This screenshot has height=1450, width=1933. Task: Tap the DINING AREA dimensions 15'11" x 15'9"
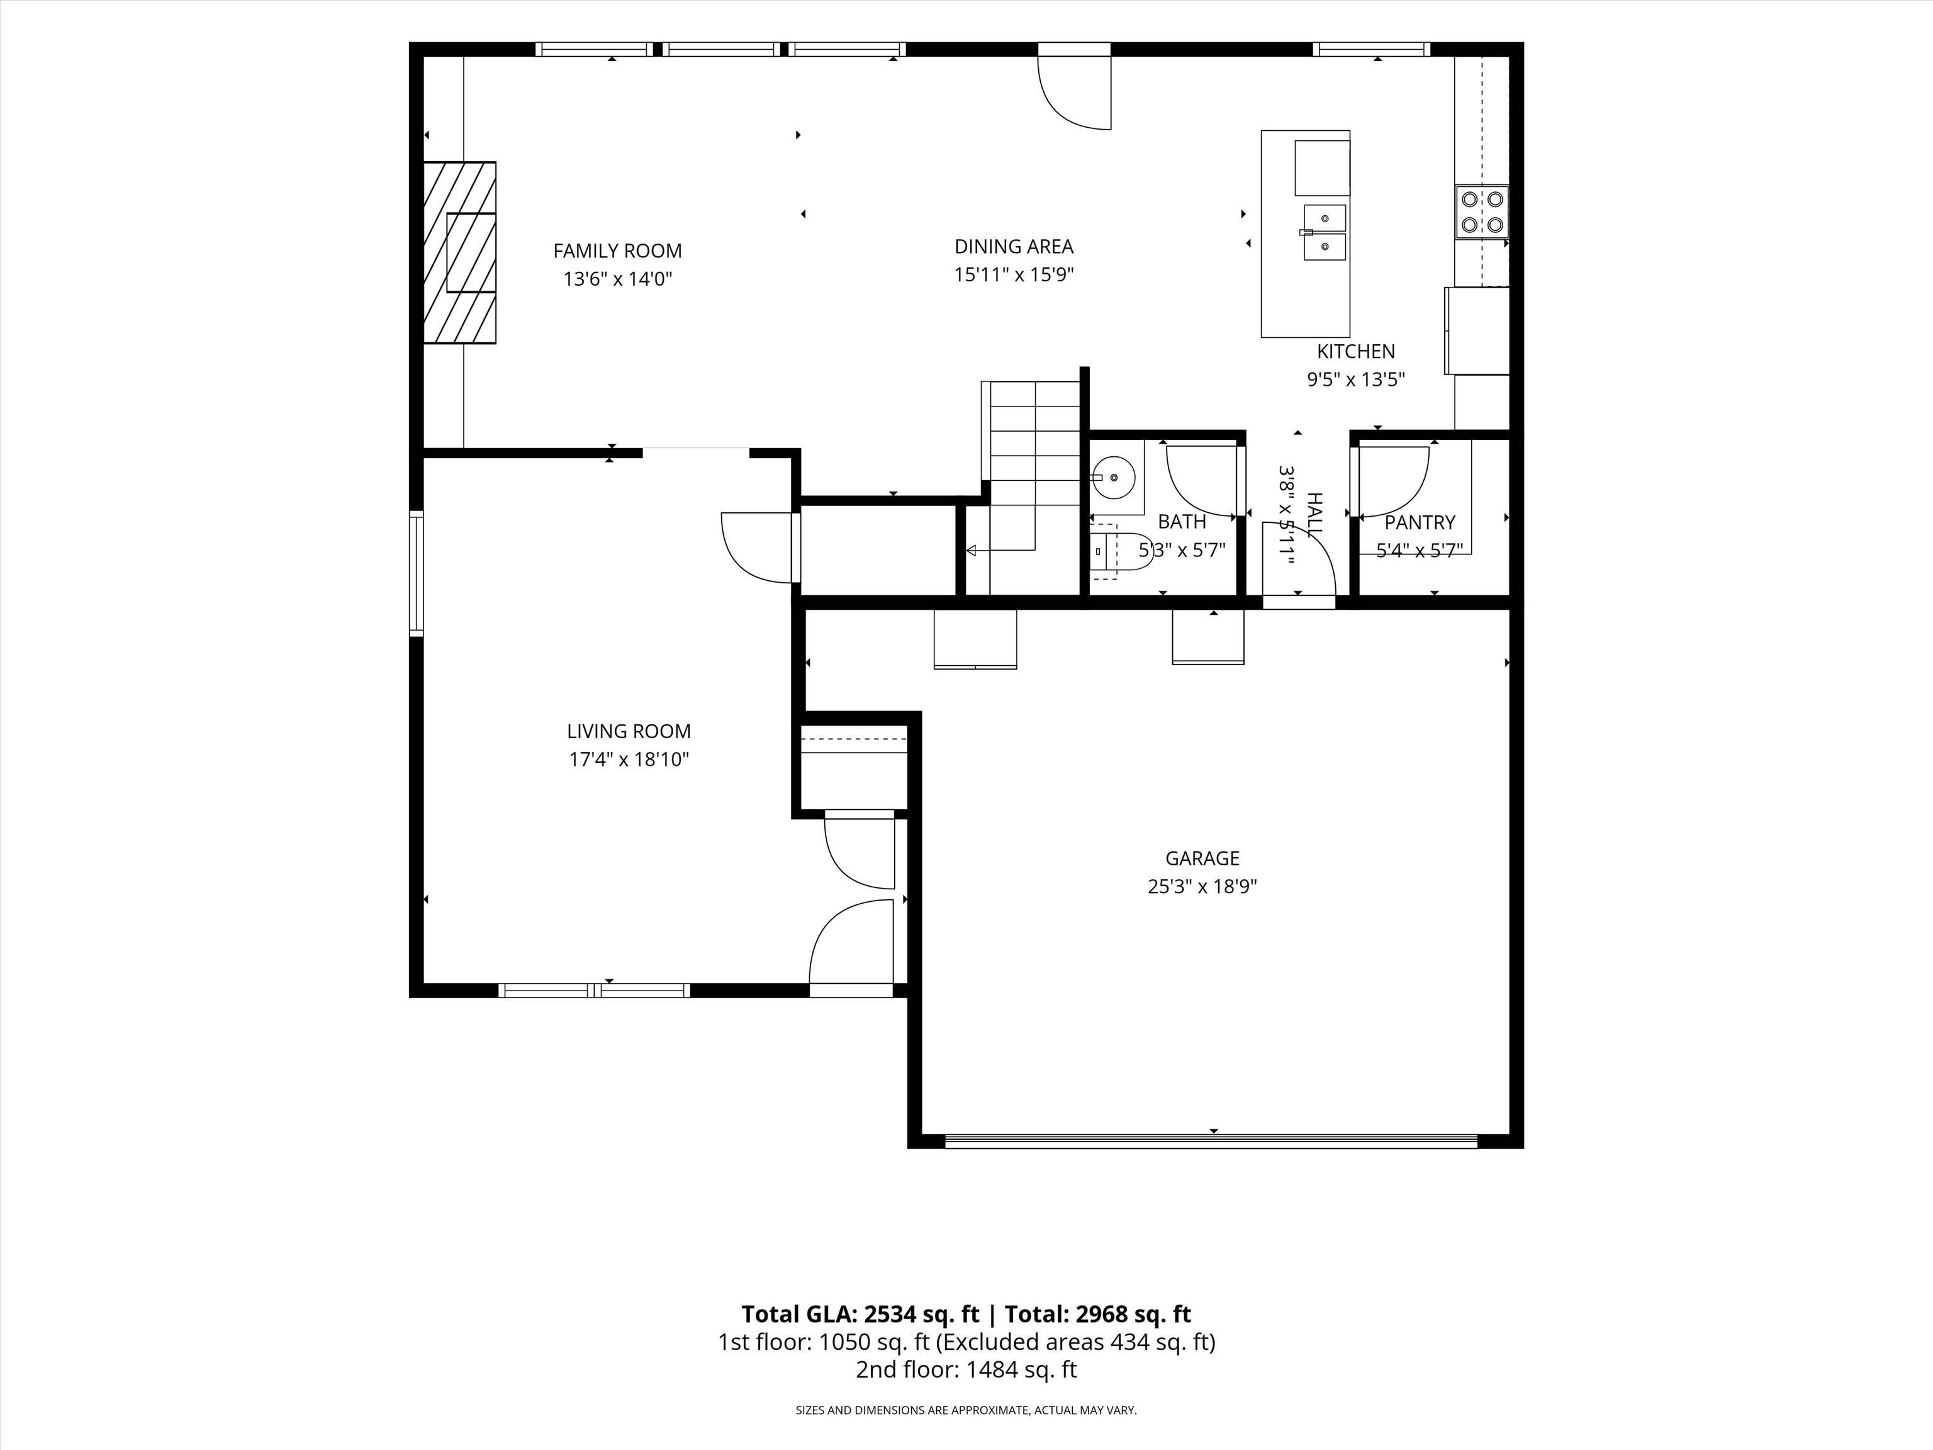[x=1014, y=274]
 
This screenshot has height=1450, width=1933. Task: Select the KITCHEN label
[x=1355, y=351]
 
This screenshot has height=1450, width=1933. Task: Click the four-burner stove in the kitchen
[x=1482, y=212]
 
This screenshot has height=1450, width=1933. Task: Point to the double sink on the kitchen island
[x=1324, y=232]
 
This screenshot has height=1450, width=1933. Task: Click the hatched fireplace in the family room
[x=460, y=252]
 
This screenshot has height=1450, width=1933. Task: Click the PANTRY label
[x=1420, y=522]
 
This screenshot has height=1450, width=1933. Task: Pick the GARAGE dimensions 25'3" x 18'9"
[x=1202, y=886]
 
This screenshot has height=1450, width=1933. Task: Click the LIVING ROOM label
[x=629, y=731]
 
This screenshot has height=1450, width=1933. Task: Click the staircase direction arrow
[x=1000, y=550]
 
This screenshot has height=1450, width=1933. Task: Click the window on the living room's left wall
[x=417, y=573]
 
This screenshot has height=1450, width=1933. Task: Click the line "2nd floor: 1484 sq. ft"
[x=966, y=1369]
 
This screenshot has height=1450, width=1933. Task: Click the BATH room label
[x=1182, y=522]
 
